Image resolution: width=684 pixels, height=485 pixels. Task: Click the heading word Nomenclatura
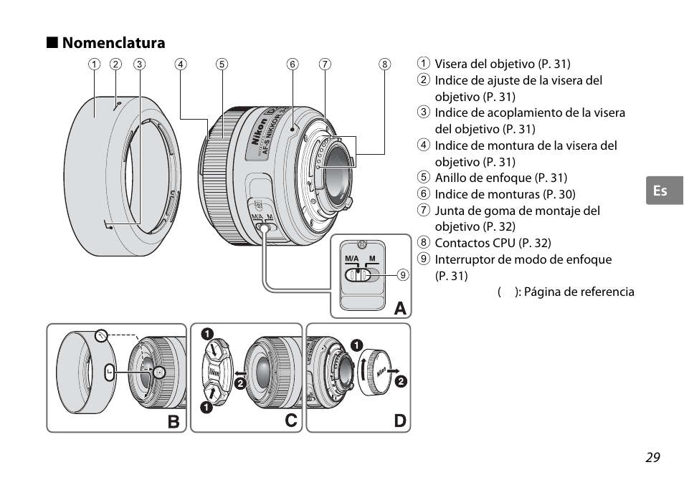(113, 43)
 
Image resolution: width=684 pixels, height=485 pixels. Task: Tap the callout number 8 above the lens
(384, 64)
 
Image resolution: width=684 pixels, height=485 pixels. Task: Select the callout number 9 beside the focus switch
(403, 274)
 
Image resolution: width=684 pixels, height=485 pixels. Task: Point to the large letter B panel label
(174, 421)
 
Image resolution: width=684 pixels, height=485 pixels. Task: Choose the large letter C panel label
(291, 421)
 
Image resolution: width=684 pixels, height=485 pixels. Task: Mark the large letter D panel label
(400, 421)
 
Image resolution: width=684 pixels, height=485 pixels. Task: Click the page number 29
(652, 457)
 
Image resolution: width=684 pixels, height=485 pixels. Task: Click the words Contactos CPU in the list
(475, 243)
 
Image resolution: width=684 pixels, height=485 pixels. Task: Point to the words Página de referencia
(579, 292)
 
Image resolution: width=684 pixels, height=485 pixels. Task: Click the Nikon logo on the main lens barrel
(259, 132)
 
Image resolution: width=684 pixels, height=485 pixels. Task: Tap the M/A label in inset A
(351, 259)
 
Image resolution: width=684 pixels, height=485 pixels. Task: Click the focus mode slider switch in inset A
(358, 275)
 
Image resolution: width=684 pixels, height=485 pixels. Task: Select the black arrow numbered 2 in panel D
(393, 370)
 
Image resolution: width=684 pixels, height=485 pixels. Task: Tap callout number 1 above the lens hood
(94, 64)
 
